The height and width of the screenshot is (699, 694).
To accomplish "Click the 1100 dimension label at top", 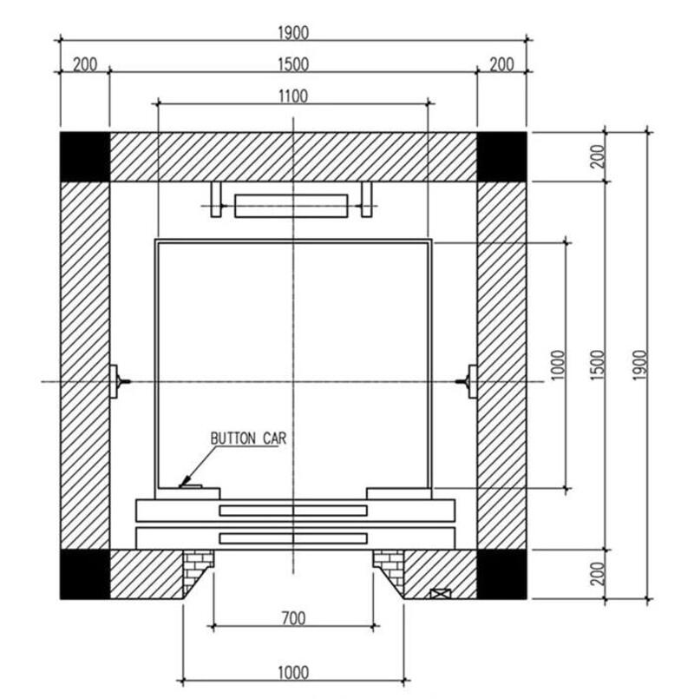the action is click(x=293, y=96).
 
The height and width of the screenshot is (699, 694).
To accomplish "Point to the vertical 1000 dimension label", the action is click(x=558, y=365).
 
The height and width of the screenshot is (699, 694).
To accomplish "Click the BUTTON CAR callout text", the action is click(x=248, y=439).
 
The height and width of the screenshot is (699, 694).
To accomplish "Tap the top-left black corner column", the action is click(x=85, y=157).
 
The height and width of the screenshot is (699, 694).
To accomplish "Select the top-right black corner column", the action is click(x=501, y=157).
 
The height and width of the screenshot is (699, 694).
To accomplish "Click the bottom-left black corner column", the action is click(x=85, y=574).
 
